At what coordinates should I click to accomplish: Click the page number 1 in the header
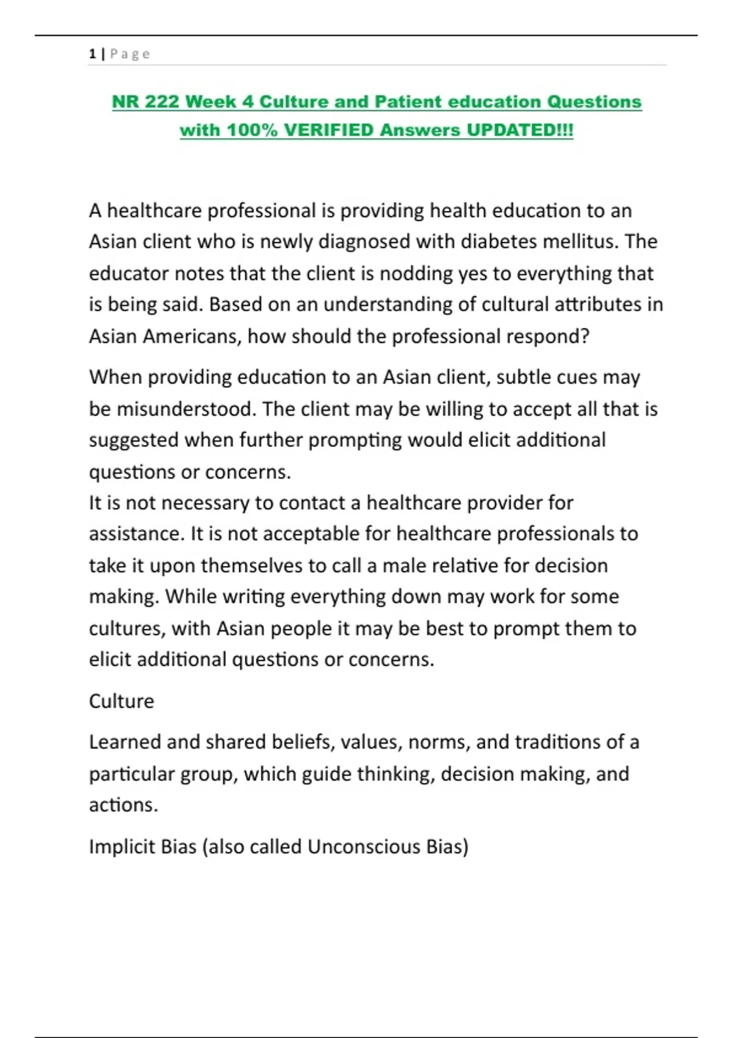click(92, 54)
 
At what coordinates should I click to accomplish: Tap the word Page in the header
click(130, 54)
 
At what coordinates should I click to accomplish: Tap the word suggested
click(134, 441)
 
